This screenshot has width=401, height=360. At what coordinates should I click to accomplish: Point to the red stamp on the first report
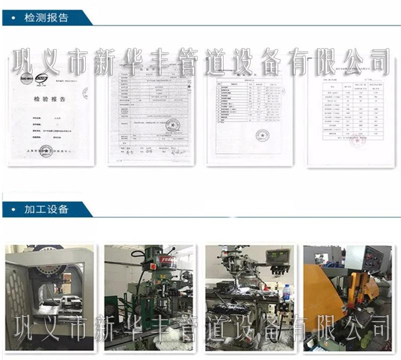pos(46,150)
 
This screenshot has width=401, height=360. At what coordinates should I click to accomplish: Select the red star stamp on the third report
pos(262,135)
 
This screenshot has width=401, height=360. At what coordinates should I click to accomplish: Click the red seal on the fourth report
pos(357,141)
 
